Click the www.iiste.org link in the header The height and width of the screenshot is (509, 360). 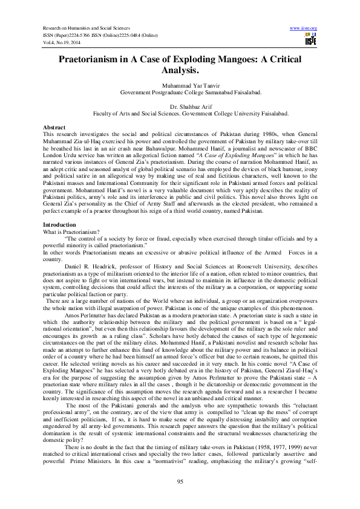click(304, 28)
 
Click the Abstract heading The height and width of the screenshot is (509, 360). click(54, 128)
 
